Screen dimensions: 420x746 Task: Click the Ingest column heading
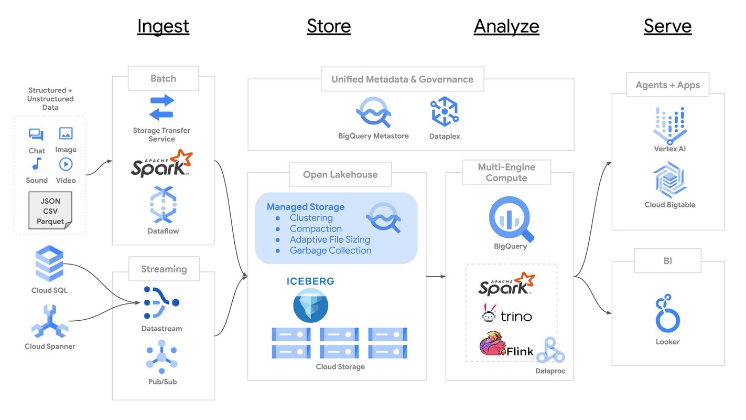point(163,26)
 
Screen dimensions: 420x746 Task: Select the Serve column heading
point(667,26)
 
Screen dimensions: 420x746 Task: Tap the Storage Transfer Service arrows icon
point(161,107)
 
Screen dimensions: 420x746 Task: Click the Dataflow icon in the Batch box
point(163,205)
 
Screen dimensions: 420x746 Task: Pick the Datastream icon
point(161,303)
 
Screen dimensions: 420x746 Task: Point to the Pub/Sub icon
point(161,358)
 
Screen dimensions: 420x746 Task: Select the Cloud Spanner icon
point(49,321)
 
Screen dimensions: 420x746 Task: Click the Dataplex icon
point(445,111)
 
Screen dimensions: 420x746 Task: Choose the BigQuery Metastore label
point(373,136)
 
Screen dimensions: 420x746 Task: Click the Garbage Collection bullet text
point(330,250)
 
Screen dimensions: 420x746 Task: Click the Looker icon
point(667,314)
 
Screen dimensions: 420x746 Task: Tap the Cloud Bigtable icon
point(669,180)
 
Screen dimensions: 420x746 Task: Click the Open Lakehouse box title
point(340,175)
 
